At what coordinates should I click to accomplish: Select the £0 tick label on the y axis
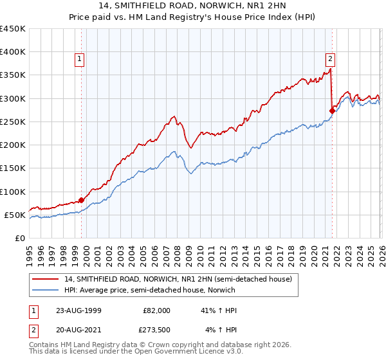click(20, 238)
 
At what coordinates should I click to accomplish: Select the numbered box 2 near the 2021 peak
click(330, 57)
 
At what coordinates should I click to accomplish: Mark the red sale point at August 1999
click(82, 200)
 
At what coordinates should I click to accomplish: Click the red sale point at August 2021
click(333, 111)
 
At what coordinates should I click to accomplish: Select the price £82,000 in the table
click(156, 310)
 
